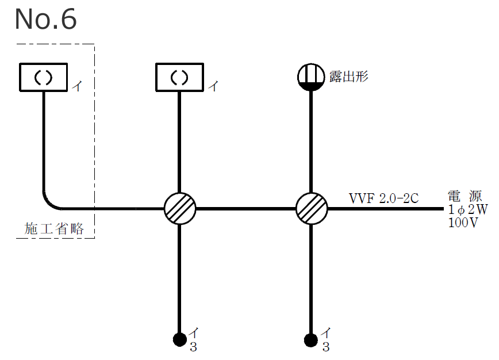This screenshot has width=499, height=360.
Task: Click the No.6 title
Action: click(x=45, y=19)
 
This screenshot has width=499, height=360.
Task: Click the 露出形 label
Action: click(x=348, y=76)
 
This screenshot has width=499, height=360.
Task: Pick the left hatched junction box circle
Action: click(x=180, y=208)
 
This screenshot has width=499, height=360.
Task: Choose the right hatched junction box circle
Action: click(x=311, y=208)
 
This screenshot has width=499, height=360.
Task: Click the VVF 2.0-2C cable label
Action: click(x=383, y=198)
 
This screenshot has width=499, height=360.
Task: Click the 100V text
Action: click(x=463, y=223)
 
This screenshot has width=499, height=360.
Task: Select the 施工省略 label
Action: click(x=55, y=228)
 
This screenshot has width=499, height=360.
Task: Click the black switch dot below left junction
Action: click(x=180, y=339)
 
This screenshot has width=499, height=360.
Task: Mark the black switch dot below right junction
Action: click(x=311, y=339)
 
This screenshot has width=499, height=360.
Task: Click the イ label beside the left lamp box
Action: click(x=76, y=87)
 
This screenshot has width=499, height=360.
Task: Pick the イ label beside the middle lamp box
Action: click(x=213, y=87)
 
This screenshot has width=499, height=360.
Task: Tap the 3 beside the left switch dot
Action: click(x=194, y=347)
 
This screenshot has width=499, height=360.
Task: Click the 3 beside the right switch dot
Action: click(x=325, y=347)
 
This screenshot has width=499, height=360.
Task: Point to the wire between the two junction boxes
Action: click(x=245, y=208)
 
